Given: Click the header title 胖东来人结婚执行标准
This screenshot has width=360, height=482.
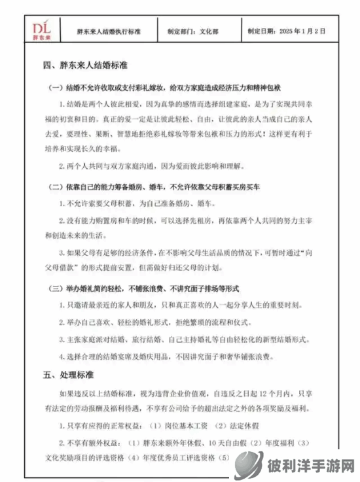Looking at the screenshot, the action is tap(109, 31).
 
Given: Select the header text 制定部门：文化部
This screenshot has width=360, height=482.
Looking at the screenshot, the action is tap(195, 31).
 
